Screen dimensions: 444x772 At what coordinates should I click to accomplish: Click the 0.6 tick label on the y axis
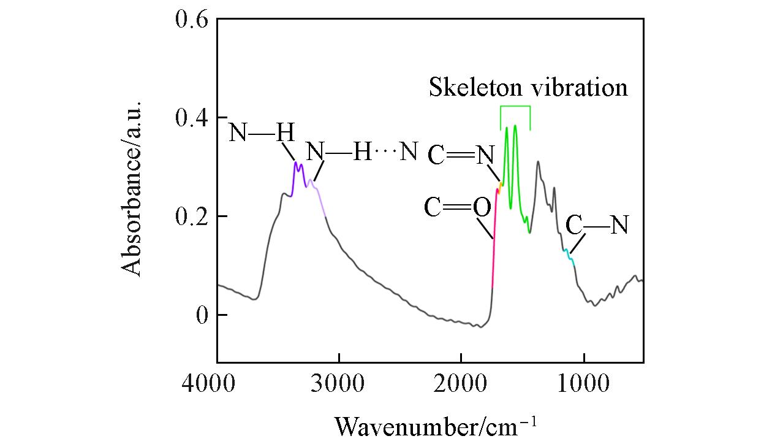click(x=192, y=20)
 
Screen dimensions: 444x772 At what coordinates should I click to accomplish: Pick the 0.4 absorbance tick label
click(x=192, y=118)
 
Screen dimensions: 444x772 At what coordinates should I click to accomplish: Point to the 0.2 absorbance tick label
click(x=192, y=216)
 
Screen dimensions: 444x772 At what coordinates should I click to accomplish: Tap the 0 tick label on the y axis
click(x=202, y=315)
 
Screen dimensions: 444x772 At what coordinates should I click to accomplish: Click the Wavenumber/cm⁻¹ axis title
click(x=436, y=424)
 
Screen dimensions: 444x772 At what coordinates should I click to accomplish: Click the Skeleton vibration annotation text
click(x=528, y=87)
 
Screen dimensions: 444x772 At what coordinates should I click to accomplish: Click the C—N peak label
click(x=597, y=225)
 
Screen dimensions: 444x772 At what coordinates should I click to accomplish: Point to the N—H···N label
click(x=361, y=152)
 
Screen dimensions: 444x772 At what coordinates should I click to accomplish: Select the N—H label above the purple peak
click(x=262, y=132)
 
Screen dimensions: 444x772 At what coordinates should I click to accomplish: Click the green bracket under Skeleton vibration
click(x=515, y=108)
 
